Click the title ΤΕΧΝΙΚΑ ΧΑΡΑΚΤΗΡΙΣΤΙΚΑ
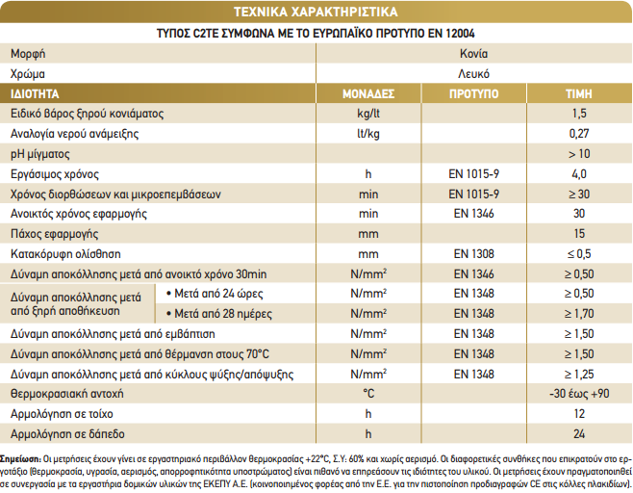[x=316, y=12]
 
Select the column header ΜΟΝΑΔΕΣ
[x=368, y=94]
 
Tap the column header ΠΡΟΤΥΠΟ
[x=474, y=94]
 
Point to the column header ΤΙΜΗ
[x=579, y=94]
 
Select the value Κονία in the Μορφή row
[x=474, y=54]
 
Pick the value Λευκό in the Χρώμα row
[x=474, y=74]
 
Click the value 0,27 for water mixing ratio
[x=579, y=133]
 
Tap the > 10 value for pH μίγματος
[x=579, y=153]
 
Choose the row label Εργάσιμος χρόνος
[x=55, y=174]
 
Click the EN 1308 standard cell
[x=474, y=254]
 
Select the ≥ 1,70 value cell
[x=579, y=314]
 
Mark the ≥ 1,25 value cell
[x=579, y=375]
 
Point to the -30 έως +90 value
[x=579, y=394]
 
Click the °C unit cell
[x=368, y=394]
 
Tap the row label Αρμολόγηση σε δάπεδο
[x=67, y=434]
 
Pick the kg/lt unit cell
[x=368, y=114]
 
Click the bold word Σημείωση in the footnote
[x=20, y=459]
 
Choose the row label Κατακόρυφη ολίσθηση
[x=65, y=254]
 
